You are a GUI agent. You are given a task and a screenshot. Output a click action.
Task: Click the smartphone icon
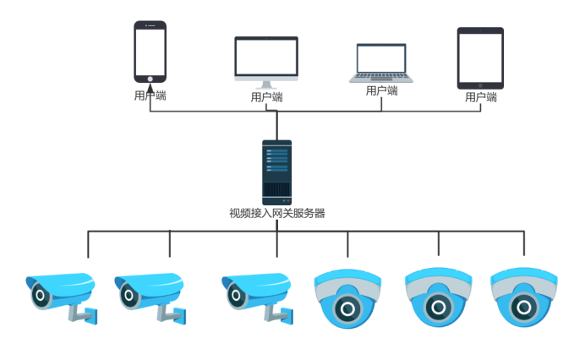150,52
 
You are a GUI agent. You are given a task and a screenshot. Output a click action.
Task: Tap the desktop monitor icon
266,62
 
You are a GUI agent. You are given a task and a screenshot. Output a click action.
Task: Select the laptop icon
381,63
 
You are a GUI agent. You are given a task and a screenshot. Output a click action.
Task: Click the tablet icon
480,58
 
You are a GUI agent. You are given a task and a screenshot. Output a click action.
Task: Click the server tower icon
276,172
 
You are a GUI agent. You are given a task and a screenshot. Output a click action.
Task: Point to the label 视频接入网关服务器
276,214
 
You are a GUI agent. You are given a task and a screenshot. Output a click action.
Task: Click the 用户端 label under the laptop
381,90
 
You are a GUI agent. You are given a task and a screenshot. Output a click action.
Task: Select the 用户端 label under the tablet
480,97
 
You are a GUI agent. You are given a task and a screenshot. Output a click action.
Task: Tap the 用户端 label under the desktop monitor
266,97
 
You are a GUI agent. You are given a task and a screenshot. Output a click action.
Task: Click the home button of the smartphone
150,79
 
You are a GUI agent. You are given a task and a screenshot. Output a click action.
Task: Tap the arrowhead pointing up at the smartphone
150,88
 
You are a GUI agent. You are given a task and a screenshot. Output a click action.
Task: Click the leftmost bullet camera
62,298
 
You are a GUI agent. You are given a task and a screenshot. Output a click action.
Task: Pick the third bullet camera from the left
258,298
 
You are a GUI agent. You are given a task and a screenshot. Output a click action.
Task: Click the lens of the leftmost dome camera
347,309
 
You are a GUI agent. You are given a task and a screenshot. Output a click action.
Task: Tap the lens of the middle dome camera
439,308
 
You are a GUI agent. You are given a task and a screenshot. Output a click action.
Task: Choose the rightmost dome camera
524,297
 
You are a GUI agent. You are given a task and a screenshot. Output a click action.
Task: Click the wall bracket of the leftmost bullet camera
84,314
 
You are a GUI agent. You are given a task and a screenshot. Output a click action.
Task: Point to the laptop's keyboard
381,76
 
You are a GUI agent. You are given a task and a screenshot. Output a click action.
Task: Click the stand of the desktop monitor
266,85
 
